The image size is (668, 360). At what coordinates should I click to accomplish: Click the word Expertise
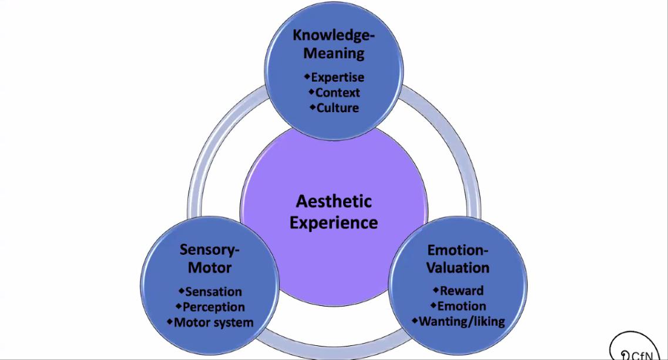(337, 77)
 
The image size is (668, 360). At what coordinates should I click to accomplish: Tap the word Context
(337, 93)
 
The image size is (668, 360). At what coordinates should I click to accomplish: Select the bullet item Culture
(337, 108)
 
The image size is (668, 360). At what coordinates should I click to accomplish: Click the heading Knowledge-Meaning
(334, 44)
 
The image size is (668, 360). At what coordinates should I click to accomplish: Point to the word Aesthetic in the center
(334, 201)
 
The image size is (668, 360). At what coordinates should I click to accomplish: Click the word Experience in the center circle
(334, 223)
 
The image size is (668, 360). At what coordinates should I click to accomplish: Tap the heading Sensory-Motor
(210, 258)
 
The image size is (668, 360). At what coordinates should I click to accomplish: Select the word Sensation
(213, 291)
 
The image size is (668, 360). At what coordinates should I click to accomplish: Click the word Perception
(213, 307)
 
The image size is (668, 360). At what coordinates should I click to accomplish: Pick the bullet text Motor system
(213, 322)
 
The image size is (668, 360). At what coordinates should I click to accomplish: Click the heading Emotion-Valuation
(458, 258)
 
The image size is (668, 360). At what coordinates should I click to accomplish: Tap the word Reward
(462, 291)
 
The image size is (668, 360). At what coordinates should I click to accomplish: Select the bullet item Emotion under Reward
(462, 306)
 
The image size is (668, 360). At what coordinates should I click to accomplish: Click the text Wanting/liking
(462, 321)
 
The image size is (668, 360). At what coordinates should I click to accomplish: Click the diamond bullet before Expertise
(307, 76)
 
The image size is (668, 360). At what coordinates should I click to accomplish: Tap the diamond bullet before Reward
(436, 290)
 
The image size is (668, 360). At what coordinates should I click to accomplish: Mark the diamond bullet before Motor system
(170, 321)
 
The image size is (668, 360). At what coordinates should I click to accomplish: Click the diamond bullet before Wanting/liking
(414, 320)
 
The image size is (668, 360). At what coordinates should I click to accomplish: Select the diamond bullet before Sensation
(181, 290)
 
